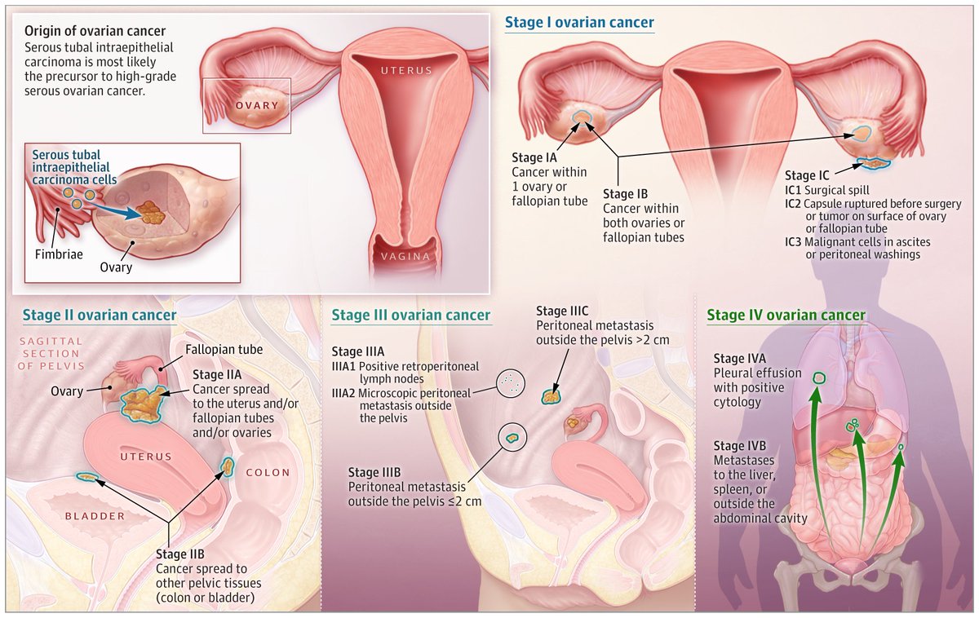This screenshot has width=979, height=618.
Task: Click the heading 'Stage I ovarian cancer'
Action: click(579, 22)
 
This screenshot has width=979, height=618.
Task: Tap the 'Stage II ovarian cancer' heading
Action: click(100, 315)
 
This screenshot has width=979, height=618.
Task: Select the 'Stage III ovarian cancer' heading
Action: click(411, 315)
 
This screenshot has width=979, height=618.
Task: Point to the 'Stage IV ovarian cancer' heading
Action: click(786, 315)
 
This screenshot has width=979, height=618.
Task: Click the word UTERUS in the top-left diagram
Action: click(405, 71)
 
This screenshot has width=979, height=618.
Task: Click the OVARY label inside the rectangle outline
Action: click(257, 106)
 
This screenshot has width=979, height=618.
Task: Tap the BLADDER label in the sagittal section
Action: click(95, 516)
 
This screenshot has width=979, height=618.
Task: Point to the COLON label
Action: click(268, 472)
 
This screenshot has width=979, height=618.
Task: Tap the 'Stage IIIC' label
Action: click(562, 311)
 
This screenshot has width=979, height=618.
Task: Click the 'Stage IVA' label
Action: click(740, 358)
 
